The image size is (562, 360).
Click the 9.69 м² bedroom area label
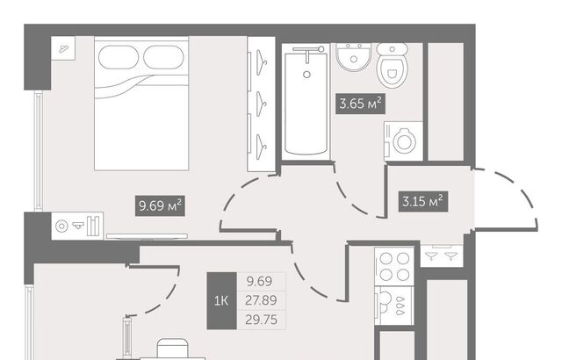click(x=160, y=205)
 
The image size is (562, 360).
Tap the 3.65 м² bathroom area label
click(x=360, y=104)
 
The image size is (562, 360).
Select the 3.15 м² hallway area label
click(x=423, y=201)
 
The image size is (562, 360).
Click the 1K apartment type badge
click(x=221, y=301)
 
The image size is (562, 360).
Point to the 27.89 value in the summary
click(x=261, y=300)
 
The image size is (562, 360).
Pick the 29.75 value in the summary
click(x=262, y=320)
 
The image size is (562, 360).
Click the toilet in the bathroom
click(x=393, y=65)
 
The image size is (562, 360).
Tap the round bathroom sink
click(x=353, y=56)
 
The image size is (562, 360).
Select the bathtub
click(x=306, y=102)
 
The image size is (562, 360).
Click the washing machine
click(x=403, y=141)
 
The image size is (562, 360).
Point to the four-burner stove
click(x=394, y=267)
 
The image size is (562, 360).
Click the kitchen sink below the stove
click(x=394, y=306)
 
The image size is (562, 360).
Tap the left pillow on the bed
click(x=119, y=57)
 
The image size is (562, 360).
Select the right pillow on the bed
click(x=164, y=57)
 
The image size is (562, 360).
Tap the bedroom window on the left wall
click(x=39, y=150)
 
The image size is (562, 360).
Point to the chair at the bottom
click(x=172, y=349)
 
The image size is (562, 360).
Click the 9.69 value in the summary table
click(x=260, y=281)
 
